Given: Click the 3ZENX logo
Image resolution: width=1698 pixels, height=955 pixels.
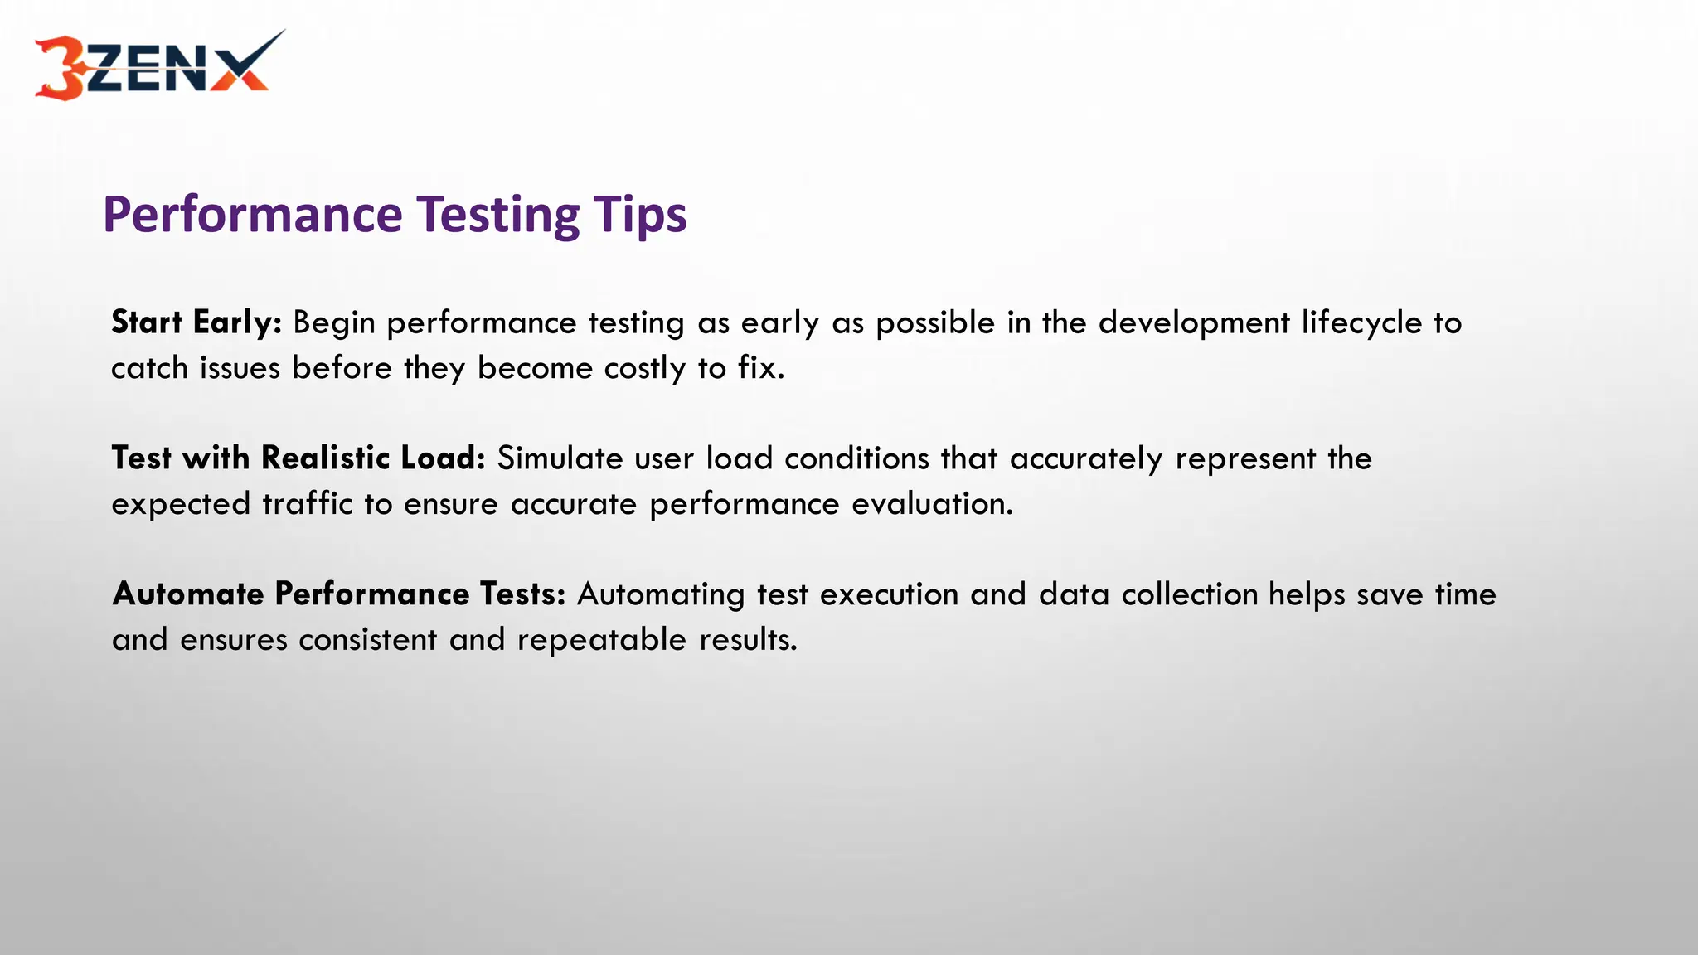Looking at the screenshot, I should tap(158, 66).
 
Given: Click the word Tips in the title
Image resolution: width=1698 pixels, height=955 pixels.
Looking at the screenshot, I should tap(639, 214).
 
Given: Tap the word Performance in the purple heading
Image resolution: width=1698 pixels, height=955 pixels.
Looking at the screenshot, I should tap(253, 214).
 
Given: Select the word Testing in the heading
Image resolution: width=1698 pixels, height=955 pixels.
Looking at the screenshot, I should tap(497, 214).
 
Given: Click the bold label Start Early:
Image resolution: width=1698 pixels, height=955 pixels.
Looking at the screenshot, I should tap(196, 322).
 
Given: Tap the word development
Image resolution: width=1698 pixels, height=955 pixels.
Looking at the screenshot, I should tap(1194, 322).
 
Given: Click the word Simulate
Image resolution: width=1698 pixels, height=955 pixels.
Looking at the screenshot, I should tap(560, 458).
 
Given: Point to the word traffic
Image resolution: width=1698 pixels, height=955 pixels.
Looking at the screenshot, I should tap(308, 504).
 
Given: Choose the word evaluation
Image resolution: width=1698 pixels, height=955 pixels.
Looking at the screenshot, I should tap(932, 504).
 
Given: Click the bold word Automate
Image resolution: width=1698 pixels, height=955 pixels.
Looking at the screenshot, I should tap(188, 594).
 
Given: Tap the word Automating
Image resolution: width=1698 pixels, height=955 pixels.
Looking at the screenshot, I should tap(661, 594).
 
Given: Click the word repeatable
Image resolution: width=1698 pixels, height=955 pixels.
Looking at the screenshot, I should tap(602, 640).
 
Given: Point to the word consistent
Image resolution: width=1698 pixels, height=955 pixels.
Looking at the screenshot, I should tap(367, 640).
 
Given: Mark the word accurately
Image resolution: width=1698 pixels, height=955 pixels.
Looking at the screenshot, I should tap(1086, 458).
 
